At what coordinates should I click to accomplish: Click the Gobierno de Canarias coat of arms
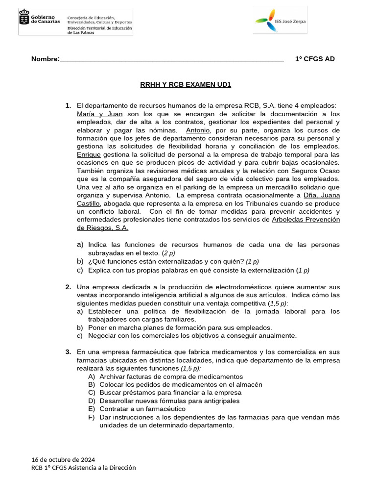click(x=24, y=19)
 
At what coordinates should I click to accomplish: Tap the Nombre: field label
click(x=45, y=59)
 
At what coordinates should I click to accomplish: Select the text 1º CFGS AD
click(x=315, y=59)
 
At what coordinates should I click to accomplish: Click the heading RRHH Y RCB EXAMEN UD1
click(x=186, y=85)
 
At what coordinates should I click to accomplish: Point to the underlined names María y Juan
click(x=99, y=114)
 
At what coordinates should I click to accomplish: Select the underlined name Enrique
click(x=89, y=154)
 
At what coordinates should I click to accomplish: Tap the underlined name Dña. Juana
click(x=322, y=195)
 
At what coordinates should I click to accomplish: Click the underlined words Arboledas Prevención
click(x=305, y=220)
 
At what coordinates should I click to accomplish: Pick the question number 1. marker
click(x=69, y=106)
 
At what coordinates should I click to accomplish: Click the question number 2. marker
click(x=69, y=287)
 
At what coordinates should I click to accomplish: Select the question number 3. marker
click(x=69, y=352)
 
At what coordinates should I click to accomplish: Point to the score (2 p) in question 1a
click(x=168, y=253)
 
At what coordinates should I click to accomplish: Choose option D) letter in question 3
click(x=92, y=401)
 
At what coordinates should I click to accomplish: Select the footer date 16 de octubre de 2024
click(x=63, y=459)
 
